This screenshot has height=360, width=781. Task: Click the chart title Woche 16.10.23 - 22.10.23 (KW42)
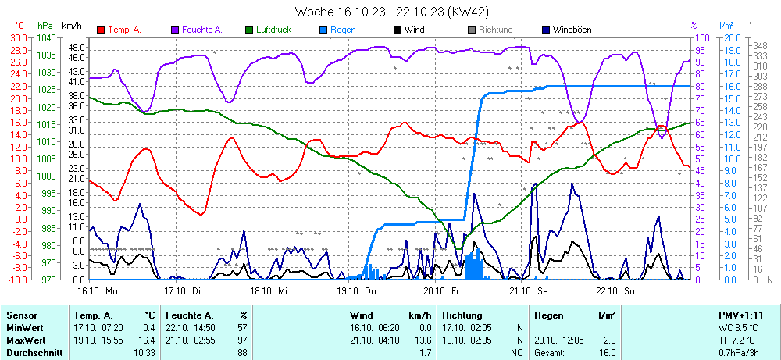(x=390, y=12)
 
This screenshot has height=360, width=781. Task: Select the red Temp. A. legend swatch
(x=101, y=30)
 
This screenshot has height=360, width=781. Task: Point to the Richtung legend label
(x=495, y=30)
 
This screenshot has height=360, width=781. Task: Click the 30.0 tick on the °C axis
(x=17, y=37)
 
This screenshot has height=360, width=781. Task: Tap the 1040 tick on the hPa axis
(x=45, y=37)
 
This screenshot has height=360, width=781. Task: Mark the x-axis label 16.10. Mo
(x=97, y=290)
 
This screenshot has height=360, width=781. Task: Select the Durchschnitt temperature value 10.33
(x=144, y=353)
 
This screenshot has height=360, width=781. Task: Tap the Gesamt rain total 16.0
(x=605, y=353)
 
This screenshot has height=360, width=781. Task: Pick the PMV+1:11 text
(x=740, y=315)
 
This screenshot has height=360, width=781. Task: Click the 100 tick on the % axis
(x=701, y=37)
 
